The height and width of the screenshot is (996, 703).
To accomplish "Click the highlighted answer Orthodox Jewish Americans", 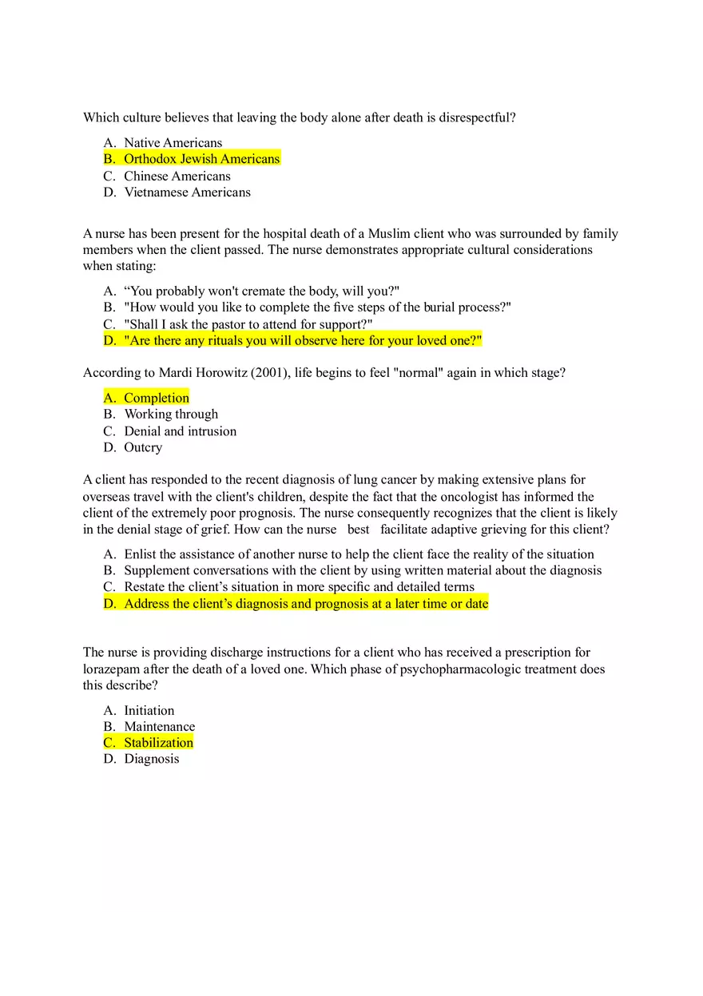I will pyautogui.click(x=201, y=159).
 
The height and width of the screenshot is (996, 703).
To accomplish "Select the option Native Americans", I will pyautogui.click(x=173, y=143).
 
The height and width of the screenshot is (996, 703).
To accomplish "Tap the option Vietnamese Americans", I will pyautogui.click(x=187, y=192).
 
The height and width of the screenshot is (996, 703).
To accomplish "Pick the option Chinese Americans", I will pyautogui.click(x=177, y=176).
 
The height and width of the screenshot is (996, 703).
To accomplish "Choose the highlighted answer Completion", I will pyautogui.click(x=157, y=398).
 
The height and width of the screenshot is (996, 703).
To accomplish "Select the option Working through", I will pyautogui.click(x=171, y=415).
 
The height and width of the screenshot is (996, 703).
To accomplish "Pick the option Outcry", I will pyautogui.click(x=143, y=447).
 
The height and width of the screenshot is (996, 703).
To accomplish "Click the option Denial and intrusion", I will pyautogui.click(x=180, y=431).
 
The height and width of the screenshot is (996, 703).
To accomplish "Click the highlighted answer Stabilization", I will pyautogui.click(x=158, y=743).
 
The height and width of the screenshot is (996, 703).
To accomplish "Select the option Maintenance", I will pyautogui.click(x=159, y=727).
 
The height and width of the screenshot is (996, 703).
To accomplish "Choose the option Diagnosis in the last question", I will pyautogui.click(x=151, y=759).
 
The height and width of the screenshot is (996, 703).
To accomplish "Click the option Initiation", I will pyautogui.click(x=149, y=711).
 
